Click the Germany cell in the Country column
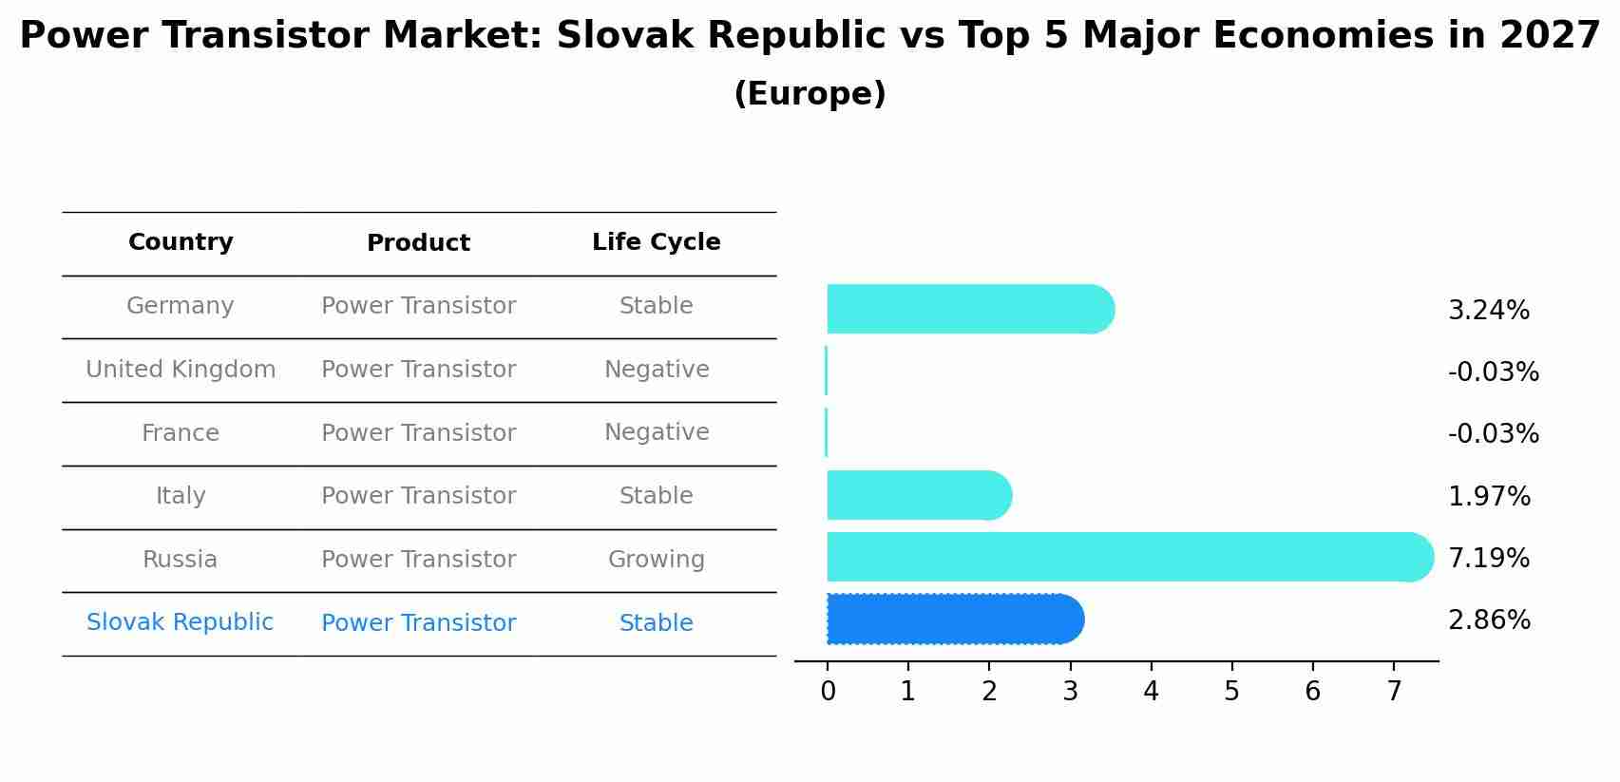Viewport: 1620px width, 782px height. pyautogui.click(x=180, y=306)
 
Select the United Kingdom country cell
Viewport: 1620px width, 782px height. pyautogui.click(x=181, y=370)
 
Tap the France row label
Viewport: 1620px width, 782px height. pyautogui.click(x=181, y=433)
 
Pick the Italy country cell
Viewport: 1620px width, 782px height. pyautogui.click(x=181, y=496)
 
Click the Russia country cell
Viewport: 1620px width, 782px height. pyautogui.click(x=180, y=560)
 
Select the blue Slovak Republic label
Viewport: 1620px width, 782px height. pyautogui.click(x=180, y=622)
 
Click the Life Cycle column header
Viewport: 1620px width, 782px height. pyautogui.click(x=656, y=242)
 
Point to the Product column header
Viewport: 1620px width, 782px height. pyautogui.click(x=418, y=243)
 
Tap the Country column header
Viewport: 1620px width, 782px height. pyautogui.click(x=181, y=242)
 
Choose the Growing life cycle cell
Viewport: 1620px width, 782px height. pyautogui.click(x=656, y=560)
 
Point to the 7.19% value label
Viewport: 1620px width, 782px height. pyautogui.click(x=1488, y=558)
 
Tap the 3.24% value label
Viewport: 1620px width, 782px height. pyautogui.click(x=1488, y=311)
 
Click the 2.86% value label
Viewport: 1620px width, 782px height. pyautogui.click(x=1489, y=620)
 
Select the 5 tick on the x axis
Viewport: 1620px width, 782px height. pyautogui.click(x=1231, y=692)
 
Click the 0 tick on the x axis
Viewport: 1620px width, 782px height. pyautogui.click(x=828, y=692)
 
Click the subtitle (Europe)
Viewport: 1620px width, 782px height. pyautogui.click(x=810, y=94)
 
